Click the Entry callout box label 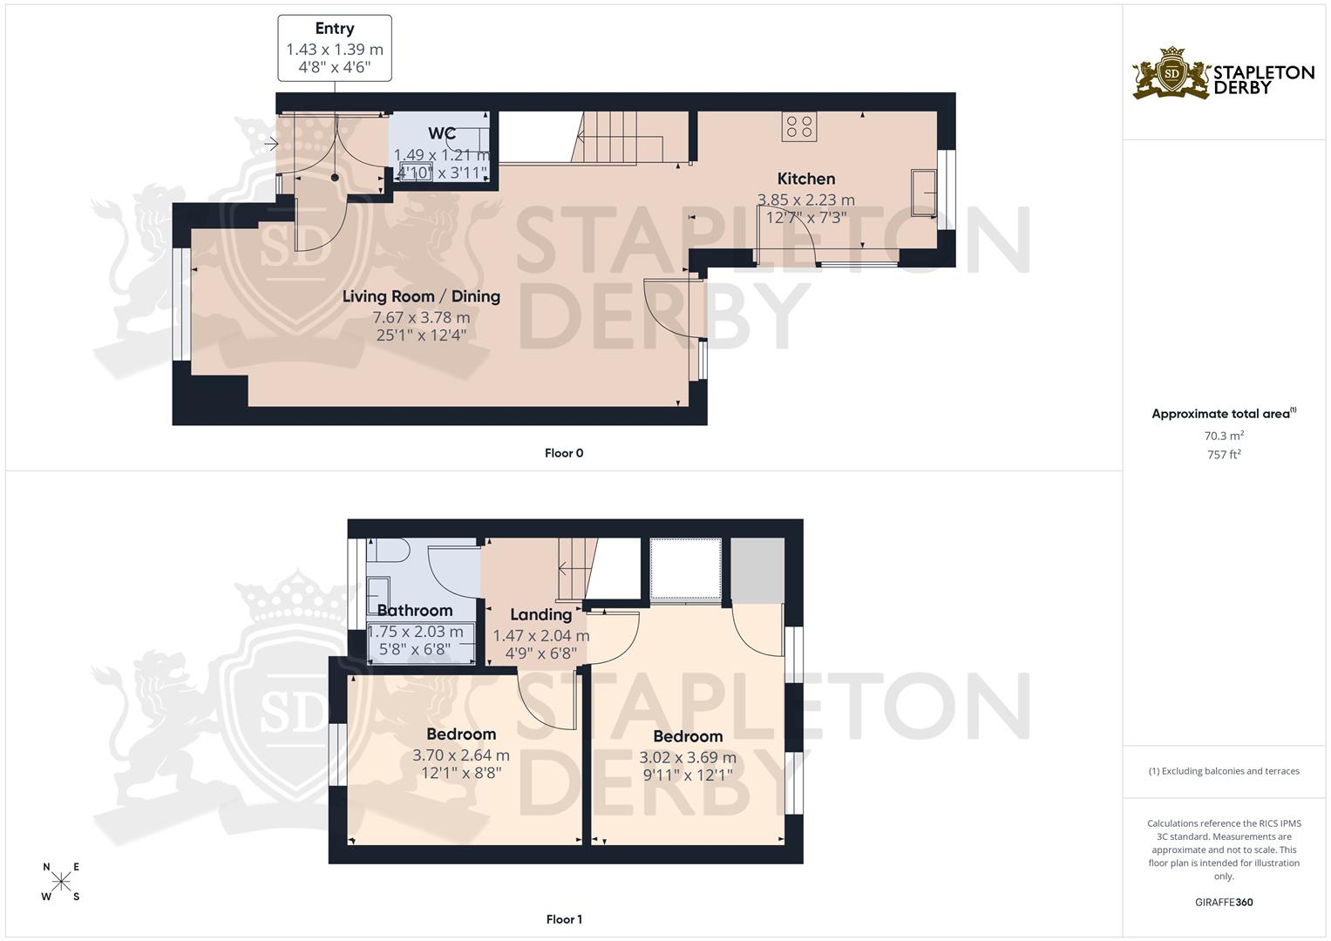[335, 29]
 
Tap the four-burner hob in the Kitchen [799, 127]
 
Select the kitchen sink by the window [923, 193]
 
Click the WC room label [442, 133]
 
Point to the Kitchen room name [806, 179]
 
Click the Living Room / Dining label [421, 296]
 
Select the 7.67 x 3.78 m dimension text [421, 318]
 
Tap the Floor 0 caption [564, 453]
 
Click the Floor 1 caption [564, 919]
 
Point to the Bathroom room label [415, 610]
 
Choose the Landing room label [541, 614]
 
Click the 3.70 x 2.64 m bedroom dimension [461, 755]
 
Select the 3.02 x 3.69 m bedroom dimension [688, 758]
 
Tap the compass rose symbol [61, 882]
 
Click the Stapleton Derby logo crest [1171, 74]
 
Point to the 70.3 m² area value [1224, 436]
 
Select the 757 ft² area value [1224, 454]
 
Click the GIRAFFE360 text [1224, 902]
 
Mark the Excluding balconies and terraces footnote [1224, 771]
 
